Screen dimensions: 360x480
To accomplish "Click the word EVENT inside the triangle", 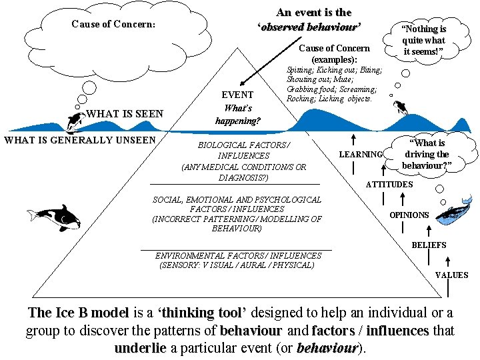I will (237, 95).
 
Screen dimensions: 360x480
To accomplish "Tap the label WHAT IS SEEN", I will (125, 114).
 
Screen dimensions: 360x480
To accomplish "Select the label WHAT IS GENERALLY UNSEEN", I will (80, 140).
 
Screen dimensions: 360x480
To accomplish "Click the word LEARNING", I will (361, 155).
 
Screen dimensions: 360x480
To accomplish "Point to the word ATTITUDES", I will (389, 184).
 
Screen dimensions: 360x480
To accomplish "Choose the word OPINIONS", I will (409, 215).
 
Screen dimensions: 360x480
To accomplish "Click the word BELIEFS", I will (429, 245).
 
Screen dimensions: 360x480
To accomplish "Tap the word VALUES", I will (451, 275).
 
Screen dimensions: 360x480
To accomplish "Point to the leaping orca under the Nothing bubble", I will (400, 107).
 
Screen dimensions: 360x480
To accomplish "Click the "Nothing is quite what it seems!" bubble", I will (423, 40).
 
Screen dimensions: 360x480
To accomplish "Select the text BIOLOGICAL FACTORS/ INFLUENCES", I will (243, 150).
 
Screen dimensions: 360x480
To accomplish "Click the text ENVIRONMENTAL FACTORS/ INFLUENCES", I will (238, 255).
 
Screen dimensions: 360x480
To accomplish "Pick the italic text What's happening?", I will (238, 115).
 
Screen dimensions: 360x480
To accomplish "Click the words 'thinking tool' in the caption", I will (201, 313).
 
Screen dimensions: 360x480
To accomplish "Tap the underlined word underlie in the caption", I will (140, 347).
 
